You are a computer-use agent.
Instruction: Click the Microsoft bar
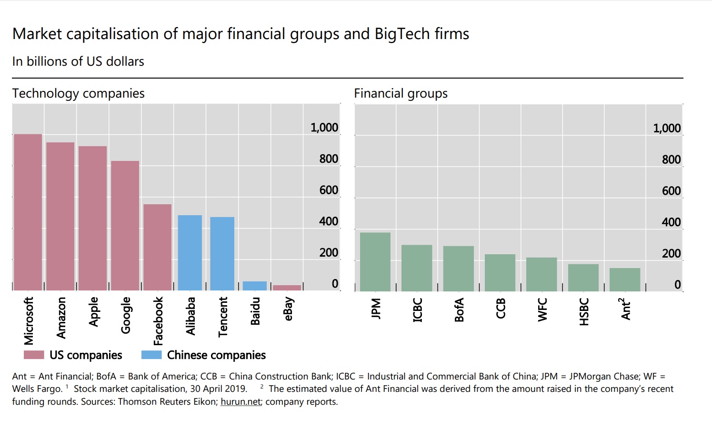28,212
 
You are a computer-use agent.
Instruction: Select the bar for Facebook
157,247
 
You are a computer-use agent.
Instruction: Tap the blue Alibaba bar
190,253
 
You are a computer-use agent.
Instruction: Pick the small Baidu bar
255,286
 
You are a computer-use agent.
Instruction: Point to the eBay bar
287,288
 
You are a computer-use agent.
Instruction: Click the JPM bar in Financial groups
375,262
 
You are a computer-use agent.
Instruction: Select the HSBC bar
583,278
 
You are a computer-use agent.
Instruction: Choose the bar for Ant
625,279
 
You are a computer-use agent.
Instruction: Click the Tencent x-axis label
223,317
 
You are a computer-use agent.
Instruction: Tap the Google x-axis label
126,315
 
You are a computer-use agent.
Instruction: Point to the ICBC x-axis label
418,310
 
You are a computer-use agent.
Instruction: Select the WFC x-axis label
542,310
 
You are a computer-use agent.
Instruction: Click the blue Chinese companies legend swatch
151,355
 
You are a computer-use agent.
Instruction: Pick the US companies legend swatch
34,355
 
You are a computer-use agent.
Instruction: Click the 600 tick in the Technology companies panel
329,190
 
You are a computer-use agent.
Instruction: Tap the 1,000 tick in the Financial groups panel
667,128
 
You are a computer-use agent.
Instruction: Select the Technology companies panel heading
79,93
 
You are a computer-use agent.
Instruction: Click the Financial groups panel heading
401,93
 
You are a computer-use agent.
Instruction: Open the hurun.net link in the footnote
241,401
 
